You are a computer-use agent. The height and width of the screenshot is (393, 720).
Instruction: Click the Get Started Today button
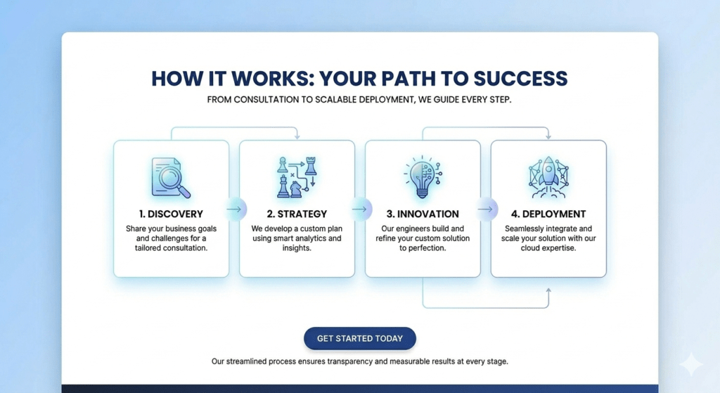click(359, 338)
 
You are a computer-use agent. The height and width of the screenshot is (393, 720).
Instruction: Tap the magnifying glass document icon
click(171, 177)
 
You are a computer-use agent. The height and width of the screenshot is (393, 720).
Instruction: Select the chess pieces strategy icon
click(297, 176)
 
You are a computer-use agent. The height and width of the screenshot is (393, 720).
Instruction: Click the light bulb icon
click(422, 176)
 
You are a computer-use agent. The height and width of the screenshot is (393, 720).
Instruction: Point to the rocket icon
click(548, 176)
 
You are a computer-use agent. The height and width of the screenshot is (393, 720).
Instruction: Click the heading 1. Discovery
click(171, 214)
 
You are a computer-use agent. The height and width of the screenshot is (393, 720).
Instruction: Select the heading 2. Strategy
click(297, 214)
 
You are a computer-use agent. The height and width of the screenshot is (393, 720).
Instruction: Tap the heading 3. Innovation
click(423, 214)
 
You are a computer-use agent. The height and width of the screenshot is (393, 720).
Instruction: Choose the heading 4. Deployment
click(548, 214)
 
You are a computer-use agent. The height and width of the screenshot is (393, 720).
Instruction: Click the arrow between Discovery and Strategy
click(234, 209)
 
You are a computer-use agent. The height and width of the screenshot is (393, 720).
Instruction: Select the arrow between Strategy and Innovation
click(360, 209)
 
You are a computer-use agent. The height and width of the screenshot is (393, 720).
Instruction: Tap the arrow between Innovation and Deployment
click(486, 209)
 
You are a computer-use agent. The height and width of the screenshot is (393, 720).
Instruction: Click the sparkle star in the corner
click(691, 364)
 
